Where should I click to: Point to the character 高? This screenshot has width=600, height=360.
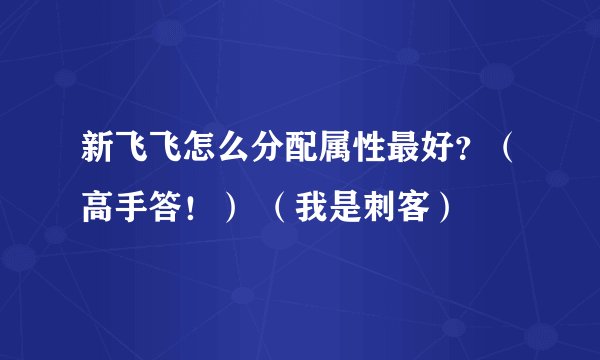click(x=98, y=210)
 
